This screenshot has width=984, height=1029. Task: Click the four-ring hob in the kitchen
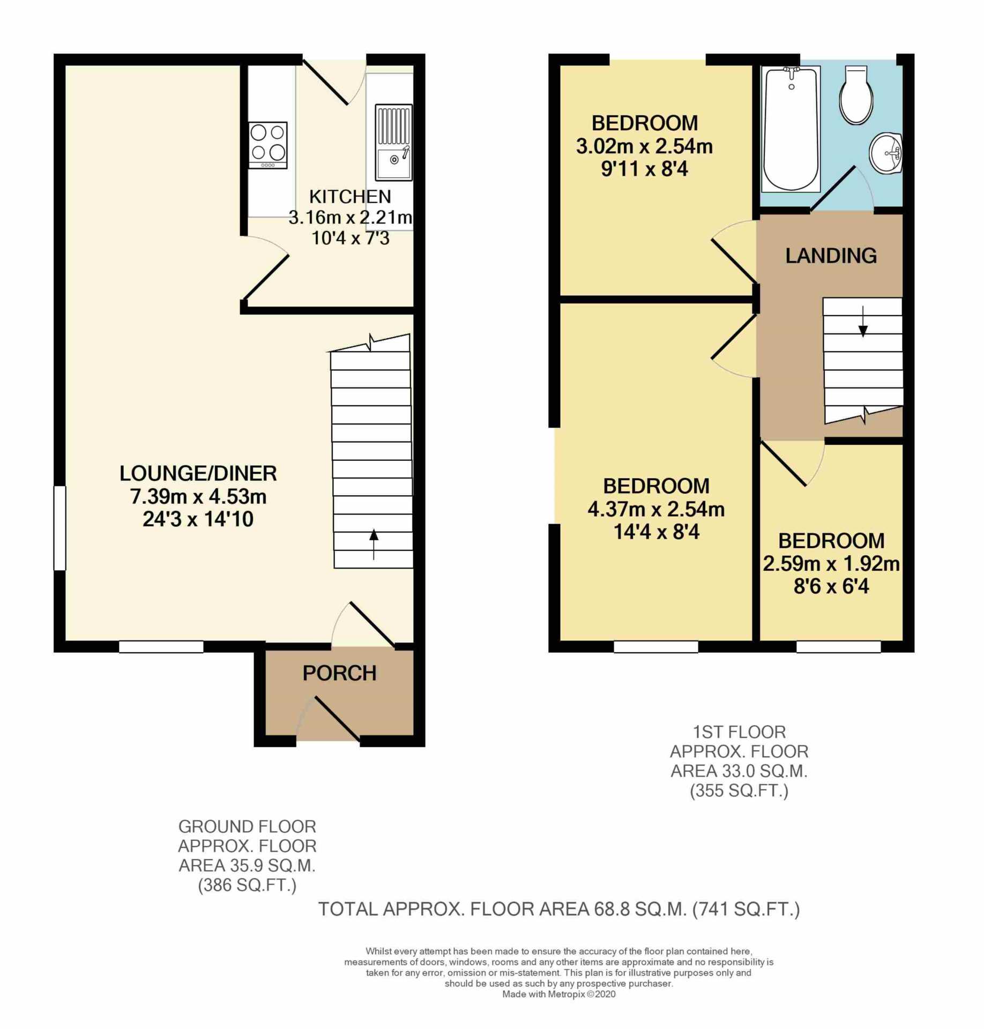point(267,145)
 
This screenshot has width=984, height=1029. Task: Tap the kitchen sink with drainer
point(393,142)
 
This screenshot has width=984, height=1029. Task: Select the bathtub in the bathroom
point(791,129)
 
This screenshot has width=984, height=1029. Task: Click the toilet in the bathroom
point(856,95)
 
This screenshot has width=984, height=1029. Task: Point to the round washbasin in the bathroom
point(886,154)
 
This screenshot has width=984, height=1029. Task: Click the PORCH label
point(339,673)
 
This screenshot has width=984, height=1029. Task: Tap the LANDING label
point(831,256)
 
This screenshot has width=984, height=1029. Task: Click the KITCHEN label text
point(350,197)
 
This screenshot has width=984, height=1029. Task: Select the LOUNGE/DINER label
point(198,473)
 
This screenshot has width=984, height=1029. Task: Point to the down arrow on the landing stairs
point(863,322)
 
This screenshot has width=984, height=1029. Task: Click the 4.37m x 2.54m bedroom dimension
point(656,509)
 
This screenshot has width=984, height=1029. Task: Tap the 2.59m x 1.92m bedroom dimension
point(831,564)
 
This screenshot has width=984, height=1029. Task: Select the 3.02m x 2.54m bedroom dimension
point(644,146)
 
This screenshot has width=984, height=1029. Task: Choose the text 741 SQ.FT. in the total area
point(746,909)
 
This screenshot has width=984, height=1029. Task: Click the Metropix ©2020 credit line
point(558,994)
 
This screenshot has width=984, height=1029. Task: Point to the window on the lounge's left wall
point(59,528)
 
